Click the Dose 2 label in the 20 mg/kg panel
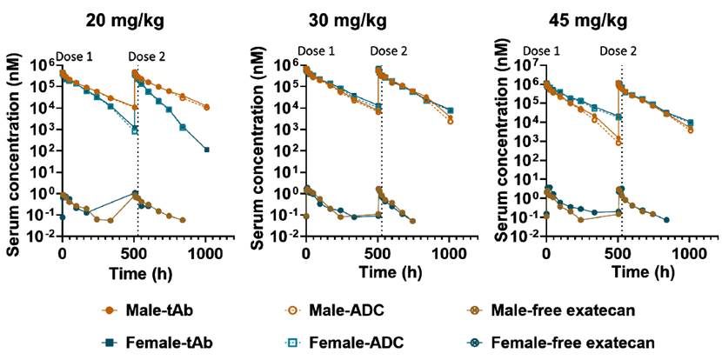(x=147, y=57)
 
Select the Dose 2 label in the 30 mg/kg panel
(x=389, y=51)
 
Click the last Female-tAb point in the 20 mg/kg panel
(x=207, y=150)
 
